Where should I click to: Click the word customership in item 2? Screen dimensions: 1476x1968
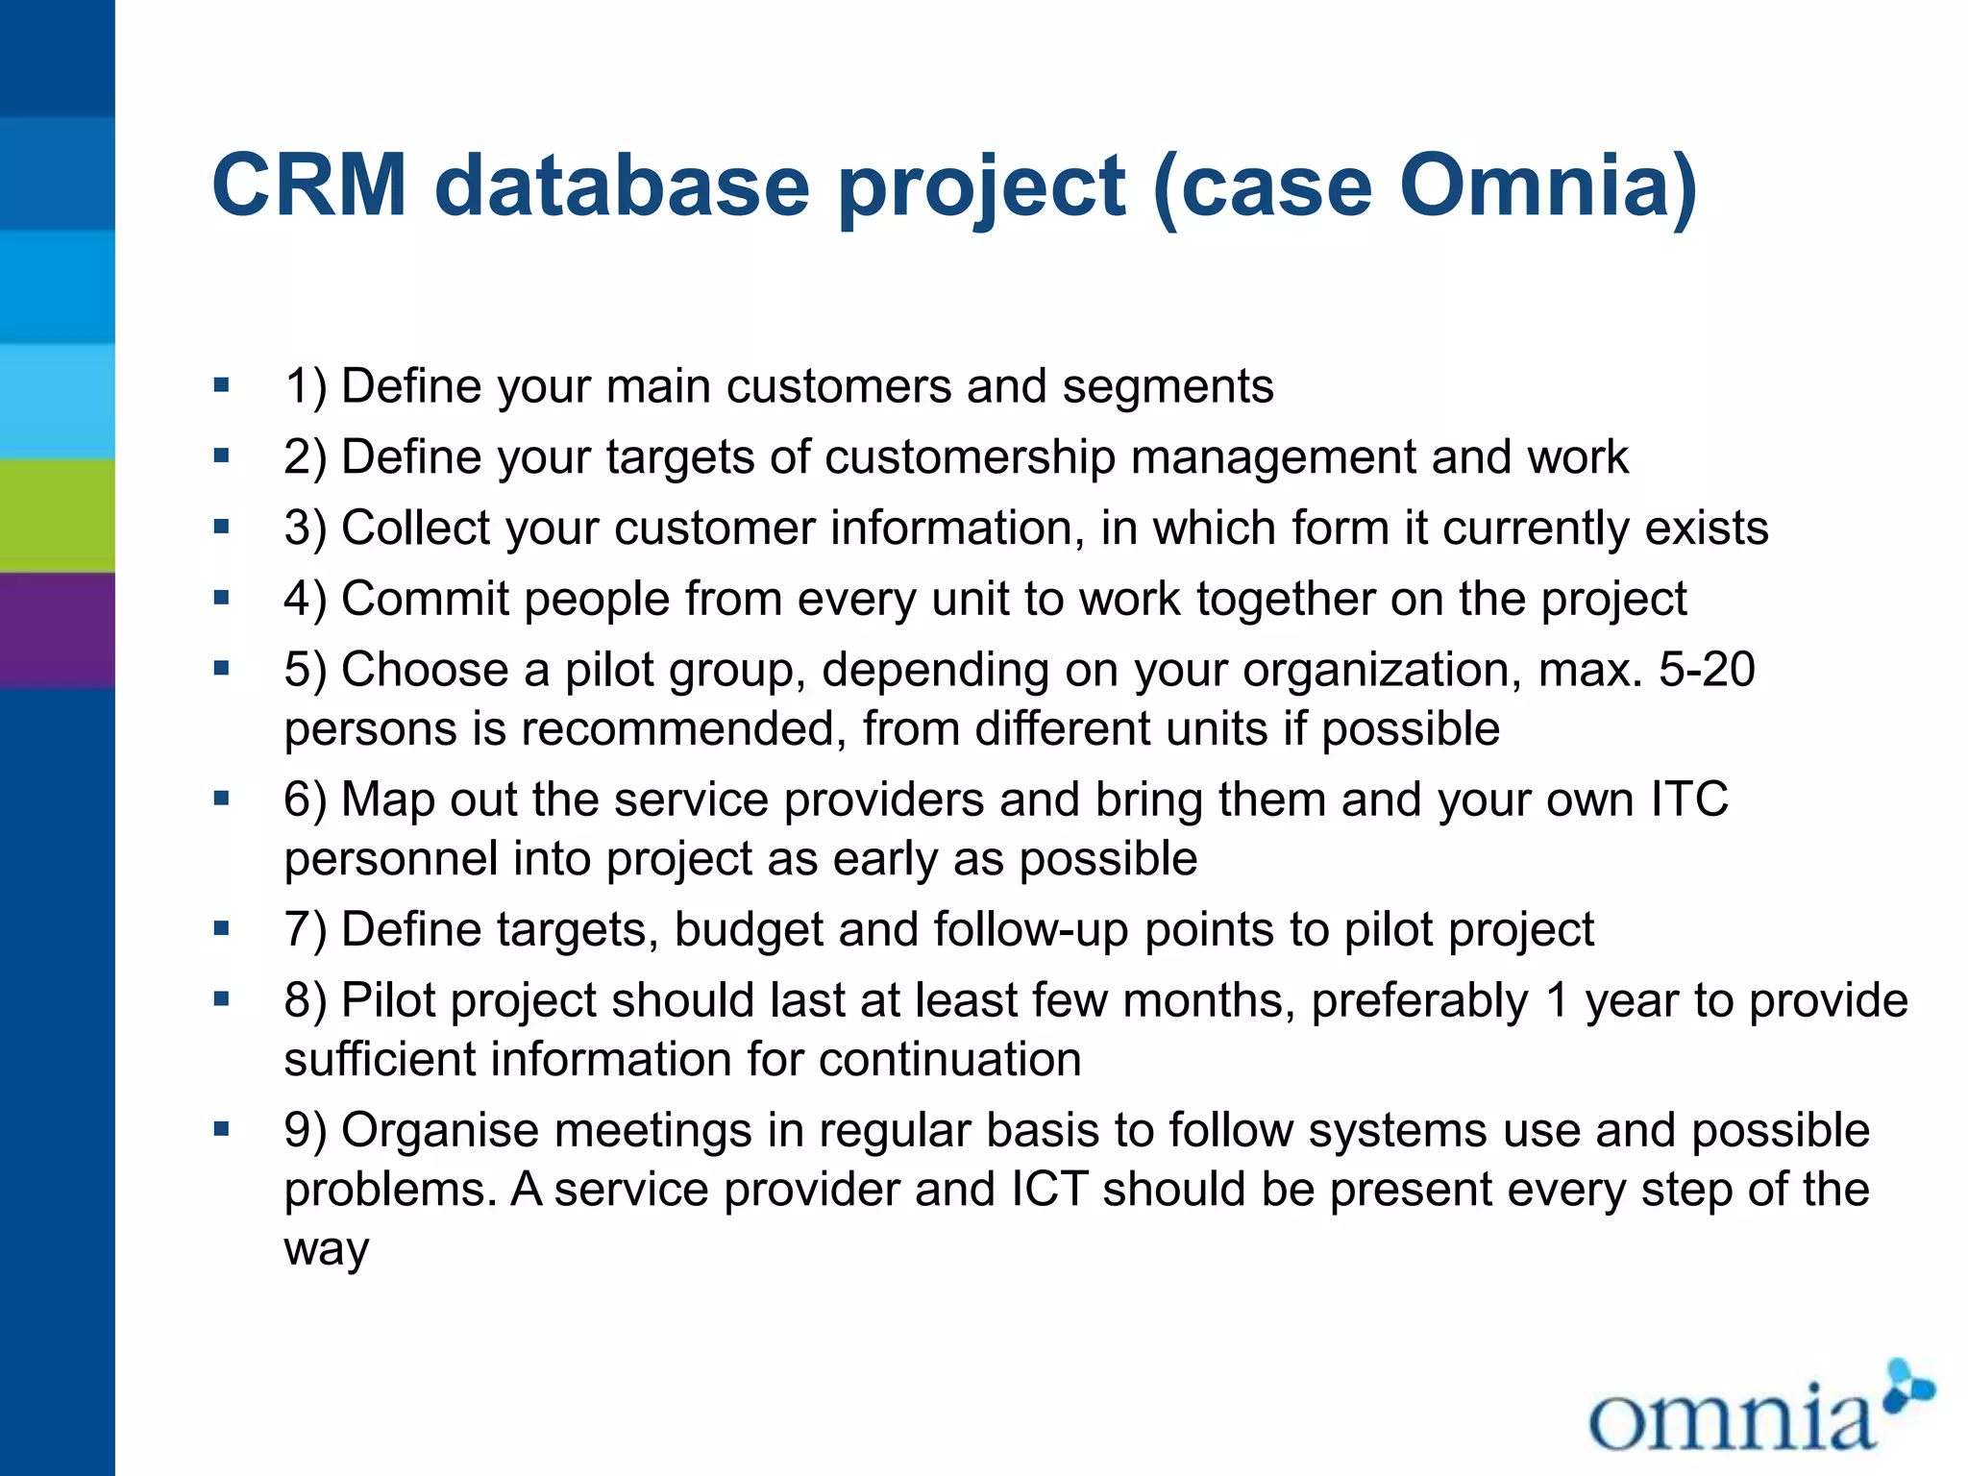point(970,456)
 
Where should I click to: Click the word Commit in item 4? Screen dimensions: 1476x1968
point(424,599)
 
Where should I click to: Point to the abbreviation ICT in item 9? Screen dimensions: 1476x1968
point(1049,1189)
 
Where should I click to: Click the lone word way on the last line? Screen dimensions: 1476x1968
point(327,1248)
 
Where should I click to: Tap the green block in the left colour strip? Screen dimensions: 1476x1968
point(57,515)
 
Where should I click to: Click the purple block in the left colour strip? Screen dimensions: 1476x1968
point(57,630)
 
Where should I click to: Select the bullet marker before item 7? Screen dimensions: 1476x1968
point(222,928)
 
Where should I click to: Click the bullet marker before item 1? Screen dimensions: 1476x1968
point(222,385)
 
